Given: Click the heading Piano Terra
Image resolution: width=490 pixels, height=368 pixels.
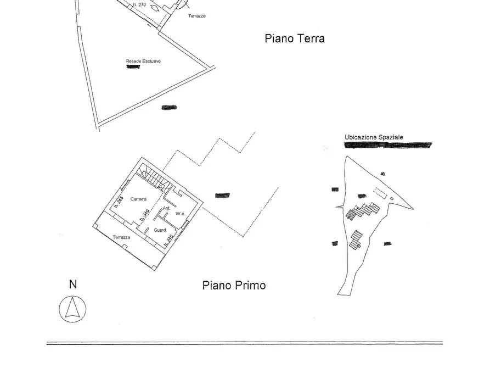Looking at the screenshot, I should pos(295,38).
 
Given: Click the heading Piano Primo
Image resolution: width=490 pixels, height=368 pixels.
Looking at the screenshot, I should pos(234,286).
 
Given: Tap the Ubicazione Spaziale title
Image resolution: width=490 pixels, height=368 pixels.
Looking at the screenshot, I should pos(374,137).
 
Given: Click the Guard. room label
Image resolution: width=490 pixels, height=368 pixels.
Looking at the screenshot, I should pos(160,230).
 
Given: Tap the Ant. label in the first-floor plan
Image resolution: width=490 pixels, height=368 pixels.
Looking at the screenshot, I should pos(167,209).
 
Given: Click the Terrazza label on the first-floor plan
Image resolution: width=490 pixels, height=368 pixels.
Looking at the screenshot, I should pos(121,237).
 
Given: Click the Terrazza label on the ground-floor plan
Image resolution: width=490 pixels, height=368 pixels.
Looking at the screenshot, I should pos(196,16).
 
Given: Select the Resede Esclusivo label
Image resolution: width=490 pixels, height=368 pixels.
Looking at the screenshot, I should pos(143,61).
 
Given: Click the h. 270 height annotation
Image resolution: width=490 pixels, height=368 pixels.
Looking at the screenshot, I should pos(139,4).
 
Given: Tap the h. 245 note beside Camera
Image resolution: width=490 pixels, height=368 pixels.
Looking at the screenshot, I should pos(119,202).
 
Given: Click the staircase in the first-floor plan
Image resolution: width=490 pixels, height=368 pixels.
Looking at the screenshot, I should pos(154,177).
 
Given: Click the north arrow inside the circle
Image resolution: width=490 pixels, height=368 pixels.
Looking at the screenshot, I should pos(72,309).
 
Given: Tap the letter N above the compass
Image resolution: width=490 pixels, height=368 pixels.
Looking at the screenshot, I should pos(72,285).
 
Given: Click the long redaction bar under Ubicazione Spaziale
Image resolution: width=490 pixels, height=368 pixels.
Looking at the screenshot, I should pos(387,146).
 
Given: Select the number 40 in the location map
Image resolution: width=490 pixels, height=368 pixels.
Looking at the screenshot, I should pos(382,174).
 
